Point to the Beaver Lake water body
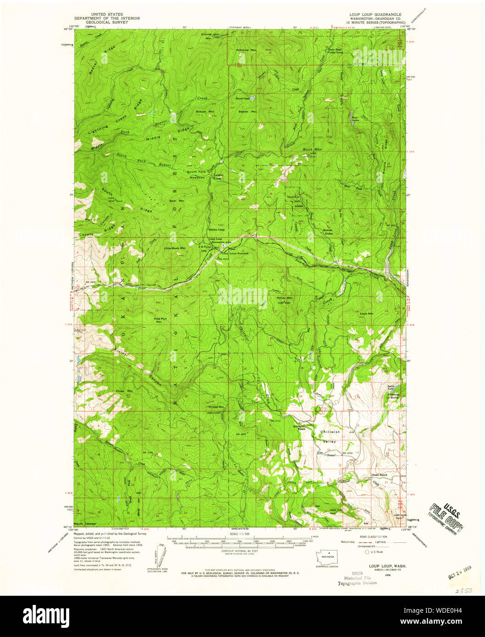point(254,98)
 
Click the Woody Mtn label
point(284,298)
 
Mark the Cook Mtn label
point(367,313)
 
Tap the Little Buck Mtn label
point(175,248)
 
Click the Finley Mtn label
point(124,391)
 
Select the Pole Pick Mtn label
point(159,320)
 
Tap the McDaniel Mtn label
point(246,49)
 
